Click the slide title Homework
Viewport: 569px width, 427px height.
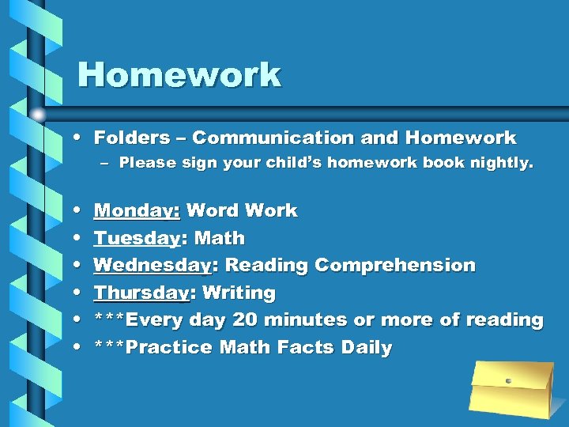click(x=179, y=75)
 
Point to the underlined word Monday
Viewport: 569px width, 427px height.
click(x=136, y=210)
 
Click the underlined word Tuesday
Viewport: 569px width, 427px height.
click(x=136, y=238)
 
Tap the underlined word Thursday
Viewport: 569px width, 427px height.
click(x=141, y=293)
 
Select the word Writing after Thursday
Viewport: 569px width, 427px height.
click(x=239, y=293)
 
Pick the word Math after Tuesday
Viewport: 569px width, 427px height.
click(x=220, y=238)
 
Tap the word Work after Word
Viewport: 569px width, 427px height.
click(x=270, y=210)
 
